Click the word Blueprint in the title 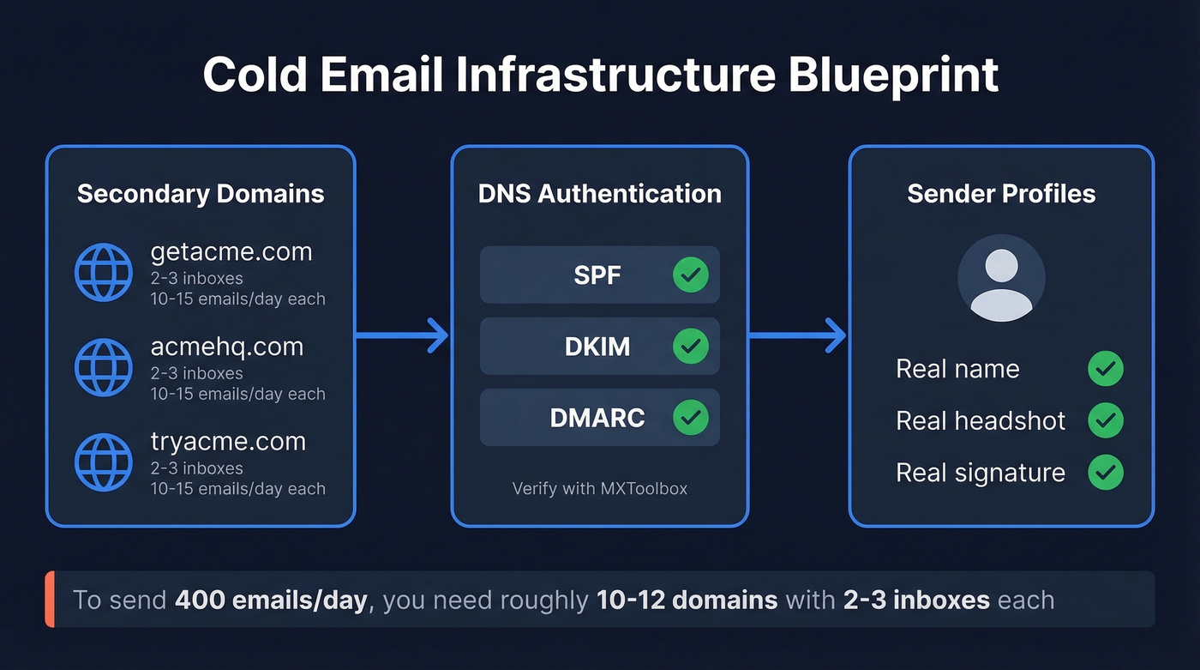point(893,75)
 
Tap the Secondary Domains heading point(201,194)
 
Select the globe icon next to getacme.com point(104,273)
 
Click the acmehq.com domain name point(227,347)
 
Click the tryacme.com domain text point(228,442)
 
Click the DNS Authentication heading point(599,194)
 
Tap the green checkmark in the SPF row point(690,275)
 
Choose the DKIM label point(597,347)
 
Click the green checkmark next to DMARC point(690,418)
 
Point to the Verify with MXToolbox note point(599,489)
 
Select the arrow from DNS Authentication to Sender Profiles point(798,335)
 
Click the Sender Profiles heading point(1001,194)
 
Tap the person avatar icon point(1001,279)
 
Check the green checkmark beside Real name point(1105,369)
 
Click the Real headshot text point(981,421)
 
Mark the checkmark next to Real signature point(1105,473)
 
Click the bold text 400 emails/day point(271,600)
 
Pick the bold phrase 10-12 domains point(687,600)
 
